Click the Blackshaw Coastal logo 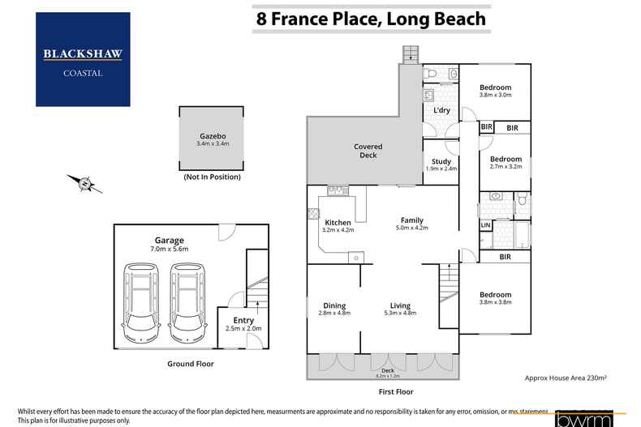click(83, 59)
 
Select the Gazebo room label click(213, 136)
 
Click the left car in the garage click(141, 305)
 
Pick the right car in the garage click(188, 305)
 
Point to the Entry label click(243, 320)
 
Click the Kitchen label click(338, 222)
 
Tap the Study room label click(441, 161)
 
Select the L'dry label click(441, 110)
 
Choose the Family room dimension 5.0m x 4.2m click(411, 228)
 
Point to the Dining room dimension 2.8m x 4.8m click(334, 313)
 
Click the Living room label click(400, 305)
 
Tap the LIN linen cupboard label click(485, 225)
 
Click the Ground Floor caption click(190, 365)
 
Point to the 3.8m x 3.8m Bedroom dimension click(495, 302)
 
